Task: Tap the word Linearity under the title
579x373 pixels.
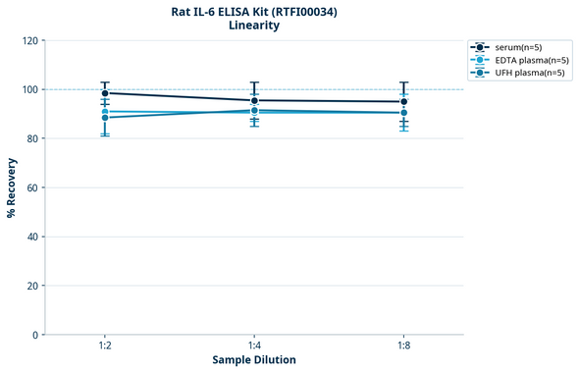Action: (x=254, y=26)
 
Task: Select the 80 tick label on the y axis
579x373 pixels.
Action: (x=32, y=138)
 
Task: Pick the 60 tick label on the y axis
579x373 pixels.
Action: (x=32, y=187)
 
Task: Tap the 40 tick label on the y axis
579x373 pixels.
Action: (x=32, y=237)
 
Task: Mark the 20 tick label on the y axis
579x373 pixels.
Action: (x=32, y=286)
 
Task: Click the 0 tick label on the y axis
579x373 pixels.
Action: (x=35, y=335)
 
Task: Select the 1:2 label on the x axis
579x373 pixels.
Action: (x=105, y=346)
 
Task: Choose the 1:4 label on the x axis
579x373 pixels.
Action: (x=254, y=346)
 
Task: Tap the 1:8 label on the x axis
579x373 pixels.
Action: (x=403, y=346)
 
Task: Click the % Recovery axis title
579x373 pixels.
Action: (x=12, y=187)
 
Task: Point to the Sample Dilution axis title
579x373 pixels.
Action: (x=254, y=360)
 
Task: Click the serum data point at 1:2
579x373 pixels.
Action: (x=105, y=93)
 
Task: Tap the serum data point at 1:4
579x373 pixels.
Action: (x=254, y=100)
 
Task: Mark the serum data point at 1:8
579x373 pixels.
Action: (x=403, y=102)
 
